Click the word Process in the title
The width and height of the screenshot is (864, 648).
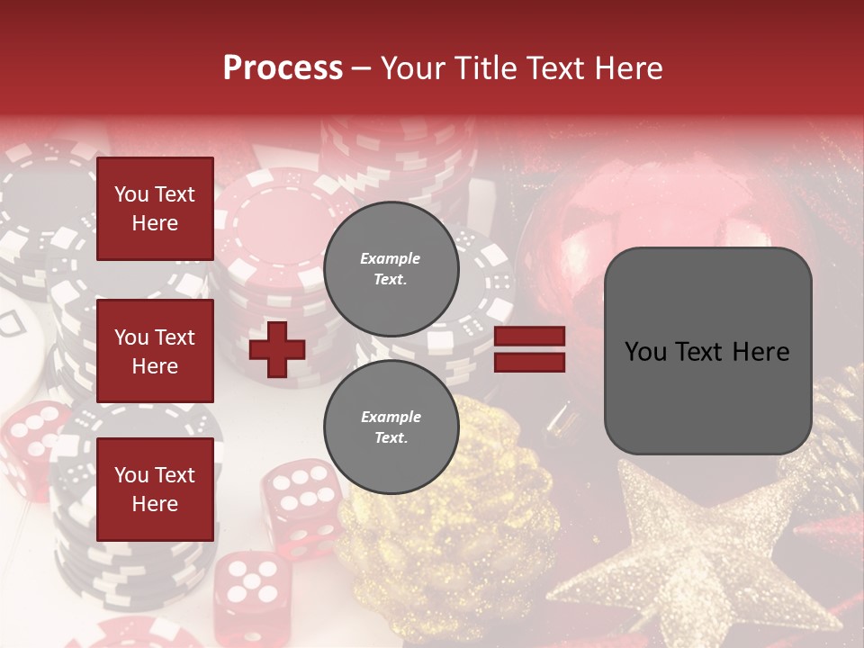click(283, 68)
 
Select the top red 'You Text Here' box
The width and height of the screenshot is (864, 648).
click(155, 209)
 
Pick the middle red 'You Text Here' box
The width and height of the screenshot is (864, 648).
click(155, 351)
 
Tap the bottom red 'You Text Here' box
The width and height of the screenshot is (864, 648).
click(155, 490)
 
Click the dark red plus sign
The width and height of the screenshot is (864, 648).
click(276, 349)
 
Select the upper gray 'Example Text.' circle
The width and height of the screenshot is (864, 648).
click(391, 268)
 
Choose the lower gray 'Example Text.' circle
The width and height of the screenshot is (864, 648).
click(391, 427)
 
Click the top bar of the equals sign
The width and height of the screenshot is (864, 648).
click(530, 337)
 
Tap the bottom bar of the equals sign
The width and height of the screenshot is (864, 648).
click(530, 362)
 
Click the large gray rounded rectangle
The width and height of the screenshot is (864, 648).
click(707, 351)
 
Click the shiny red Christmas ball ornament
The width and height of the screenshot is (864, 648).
click(630, 225)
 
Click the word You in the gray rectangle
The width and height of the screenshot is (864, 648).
click(644, 352)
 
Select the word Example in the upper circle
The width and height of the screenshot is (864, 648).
click(391, 258)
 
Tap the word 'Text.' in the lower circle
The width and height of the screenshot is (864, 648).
click(391, 438)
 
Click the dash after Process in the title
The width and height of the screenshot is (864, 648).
click(362, 68)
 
